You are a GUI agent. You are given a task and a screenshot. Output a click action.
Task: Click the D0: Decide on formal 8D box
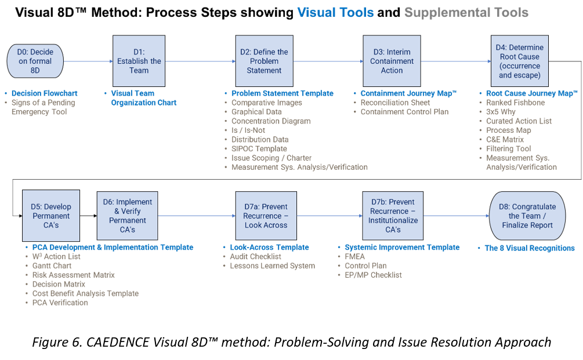(35, 61)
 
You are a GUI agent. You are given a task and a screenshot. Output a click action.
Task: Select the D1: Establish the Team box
(139, 61)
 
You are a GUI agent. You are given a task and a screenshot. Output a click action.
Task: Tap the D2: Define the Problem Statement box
(264, 61)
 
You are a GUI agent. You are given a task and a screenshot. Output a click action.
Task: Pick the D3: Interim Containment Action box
(392, 61)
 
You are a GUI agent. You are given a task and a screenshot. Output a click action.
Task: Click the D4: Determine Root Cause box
(519, 61)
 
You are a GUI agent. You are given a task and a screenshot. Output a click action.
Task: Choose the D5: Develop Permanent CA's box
(51, 215)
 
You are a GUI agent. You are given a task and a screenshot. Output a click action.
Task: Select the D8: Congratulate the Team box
(527, 215)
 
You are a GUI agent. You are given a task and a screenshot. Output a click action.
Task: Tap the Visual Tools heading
(335, 12)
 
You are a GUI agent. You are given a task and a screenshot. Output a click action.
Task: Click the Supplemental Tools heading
(466, 12)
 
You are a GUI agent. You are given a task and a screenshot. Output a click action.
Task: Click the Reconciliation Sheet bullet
(395, 103)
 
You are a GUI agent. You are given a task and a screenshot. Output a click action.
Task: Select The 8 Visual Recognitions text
(530, 248)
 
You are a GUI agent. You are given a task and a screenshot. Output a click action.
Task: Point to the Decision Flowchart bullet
(44, 93)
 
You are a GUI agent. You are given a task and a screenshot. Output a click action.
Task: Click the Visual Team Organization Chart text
(143, 98)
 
